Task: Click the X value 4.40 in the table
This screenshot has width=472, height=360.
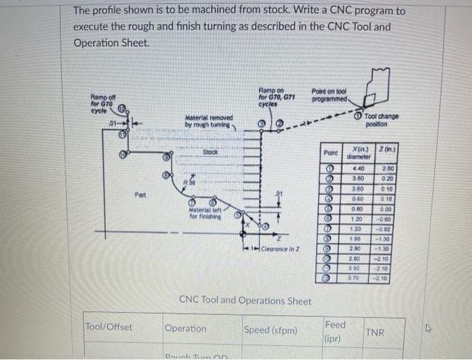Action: click(359, 168)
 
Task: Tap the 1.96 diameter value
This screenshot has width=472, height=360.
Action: click(359, 238)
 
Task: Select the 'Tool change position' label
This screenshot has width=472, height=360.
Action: click(382, 121)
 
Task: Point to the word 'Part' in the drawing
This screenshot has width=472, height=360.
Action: click(140, 198)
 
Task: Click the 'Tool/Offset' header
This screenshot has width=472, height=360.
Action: click(109, 328)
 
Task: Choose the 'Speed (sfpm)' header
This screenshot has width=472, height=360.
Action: click(270, 330)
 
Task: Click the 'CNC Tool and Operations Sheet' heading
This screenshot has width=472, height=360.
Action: click(245, 300)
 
